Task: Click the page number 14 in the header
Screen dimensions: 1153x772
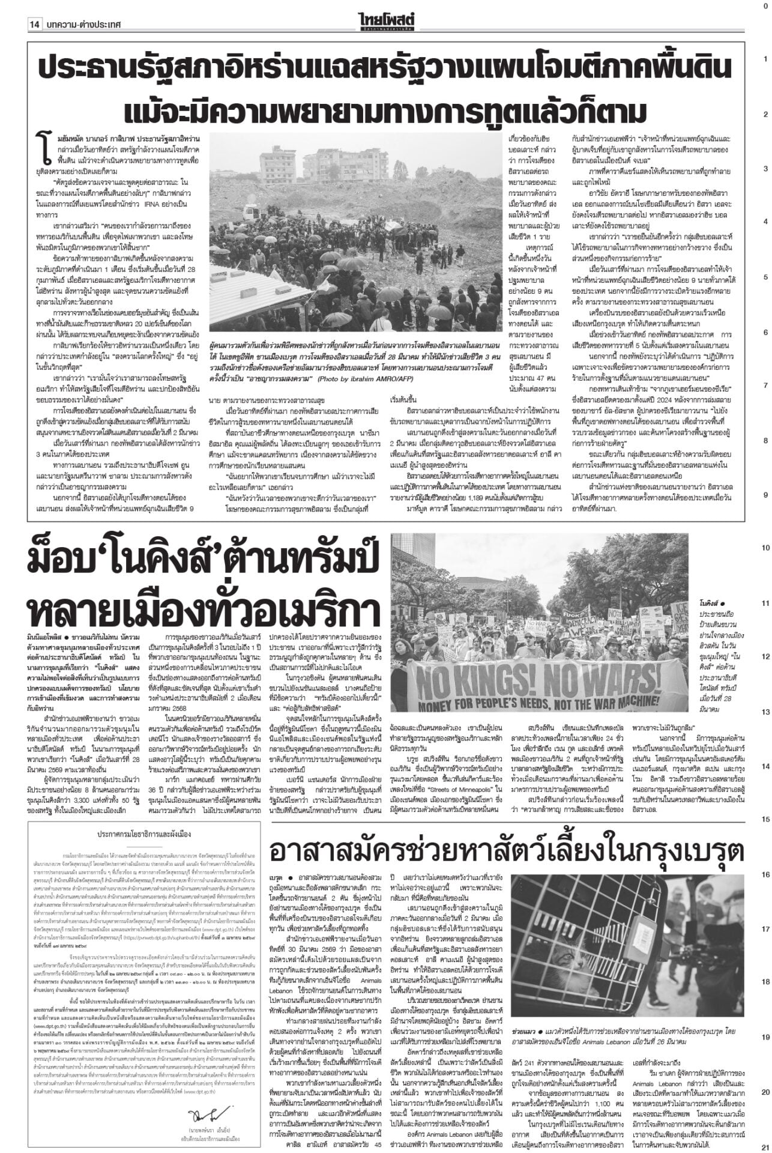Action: [34, 8]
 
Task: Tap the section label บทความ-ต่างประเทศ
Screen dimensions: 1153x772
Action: [82, 8]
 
